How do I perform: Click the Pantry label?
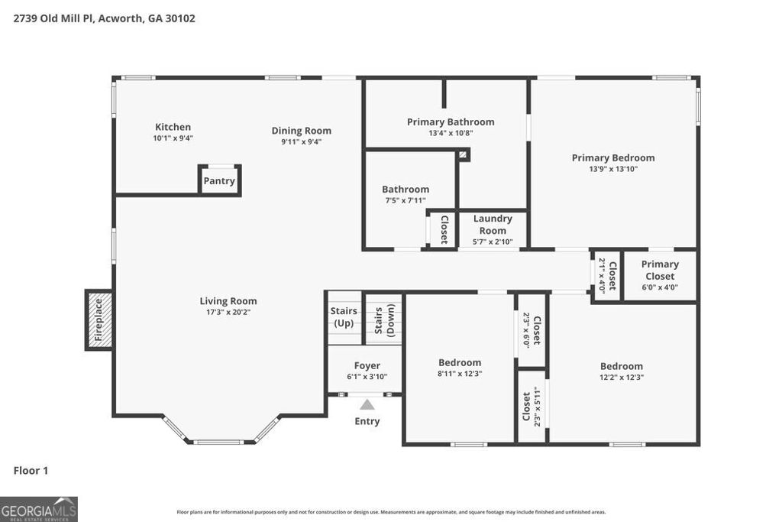pyautogui.click(x=219, y=182)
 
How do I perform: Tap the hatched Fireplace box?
pyautogui.click(x=99, y=319)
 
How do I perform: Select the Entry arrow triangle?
pyautogui.click(x=367, y=405)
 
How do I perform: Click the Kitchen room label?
pyautogui.click(x=173, y=127)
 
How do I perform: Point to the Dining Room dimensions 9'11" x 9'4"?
pyautogui.click(x=302, y=141)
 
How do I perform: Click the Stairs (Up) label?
pyautogui.click(x=344, y=316)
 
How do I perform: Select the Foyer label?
pyautogui.click(x=367, y=366)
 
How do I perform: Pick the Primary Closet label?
pyautogui.click(x=660, y=270)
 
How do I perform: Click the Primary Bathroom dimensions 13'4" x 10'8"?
pyautogui.click(x=451, y=133)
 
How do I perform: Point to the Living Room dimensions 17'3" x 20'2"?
pyautogui.click(x=228, y=312)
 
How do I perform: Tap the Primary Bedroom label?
pyautogui.click(x=613, y=157)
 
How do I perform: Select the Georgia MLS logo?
pyautogui.click(x=39, y=509)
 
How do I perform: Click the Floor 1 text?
pyautogui.click(x=31, y=471)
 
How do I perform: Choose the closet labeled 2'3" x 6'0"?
pyautogui.click(x=532, y=331)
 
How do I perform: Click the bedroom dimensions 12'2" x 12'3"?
pyautogui.click(x=621, y=377)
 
